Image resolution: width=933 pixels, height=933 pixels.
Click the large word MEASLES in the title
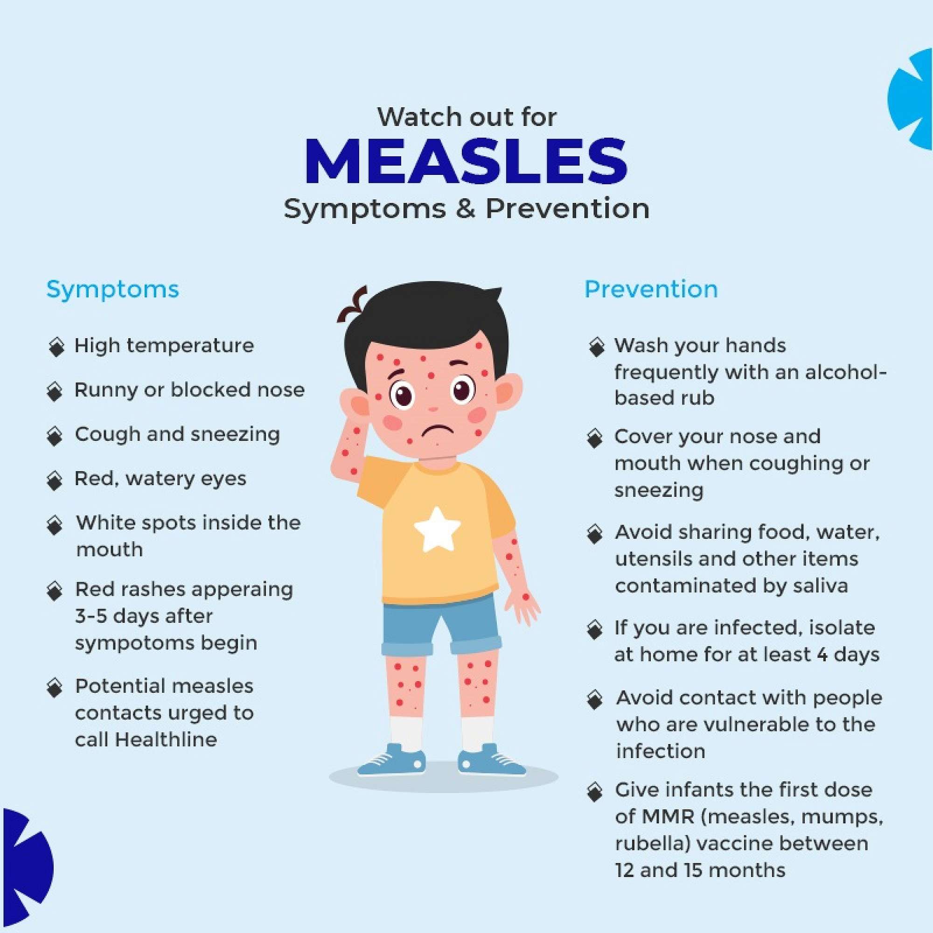pos(466,162)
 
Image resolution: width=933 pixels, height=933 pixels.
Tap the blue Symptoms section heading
pos(112,289)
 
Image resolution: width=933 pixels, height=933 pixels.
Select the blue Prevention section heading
pos(651,289)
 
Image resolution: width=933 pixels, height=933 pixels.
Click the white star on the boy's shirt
pos(438,529)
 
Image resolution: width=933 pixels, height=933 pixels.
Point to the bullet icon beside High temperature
pos(56,347)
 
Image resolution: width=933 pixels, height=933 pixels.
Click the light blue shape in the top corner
pos(913,99)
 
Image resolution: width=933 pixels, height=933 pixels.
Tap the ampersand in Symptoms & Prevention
pos(466,209)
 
